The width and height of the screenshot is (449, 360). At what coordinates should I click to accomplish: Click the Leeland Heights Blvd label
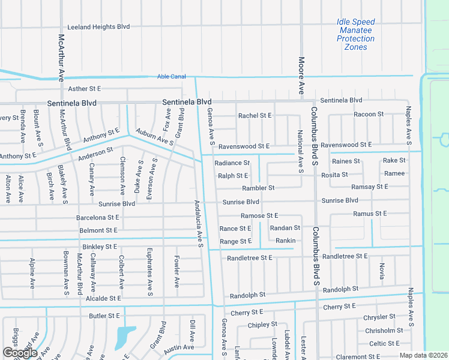coord(98,27)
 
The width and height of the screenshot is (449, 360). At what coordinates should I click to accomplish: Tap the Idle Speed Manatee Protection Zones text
coord(356,34)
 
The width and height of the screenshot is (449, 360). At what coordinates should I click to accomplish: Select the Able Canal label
coord(172,76)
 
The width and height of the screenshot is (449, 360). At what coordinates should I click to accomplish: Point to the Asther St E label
coord(85,88)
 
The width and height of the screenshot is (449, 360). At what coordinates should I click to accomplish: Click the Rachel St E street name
coord(255,115)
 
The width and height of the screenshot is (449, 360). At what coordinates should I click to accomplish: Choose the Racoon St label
coord(369,114)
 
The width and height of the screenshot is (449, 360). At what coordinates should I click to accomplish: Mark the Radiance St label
coord(232,163)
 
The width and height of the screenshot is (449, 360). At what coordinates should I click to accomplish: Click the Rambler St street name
coord(258,188)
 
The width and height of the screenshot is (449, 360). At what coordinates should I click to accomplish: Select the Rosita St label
coord(335,175)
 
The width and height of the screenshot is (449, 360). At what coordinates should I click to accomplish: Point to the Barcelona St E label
coord(97,217)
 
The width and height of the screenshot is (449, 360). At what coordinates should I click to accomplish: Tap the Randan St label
coord(285,228)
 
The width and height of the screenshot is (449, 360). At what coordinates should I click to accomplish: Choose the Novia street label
coord(381,272)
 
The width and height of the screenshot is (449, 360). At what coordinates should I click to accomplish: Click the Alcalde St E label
coord(103,298)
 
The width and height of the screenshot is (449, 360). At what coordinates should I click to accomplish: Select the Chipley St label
coord(263,325)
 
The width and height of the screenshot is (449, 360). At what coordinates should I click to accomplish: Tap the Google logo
coord(20,353)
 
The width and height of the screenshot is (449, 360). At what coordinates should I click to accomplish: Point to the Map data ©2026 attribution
coord(423,355)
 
